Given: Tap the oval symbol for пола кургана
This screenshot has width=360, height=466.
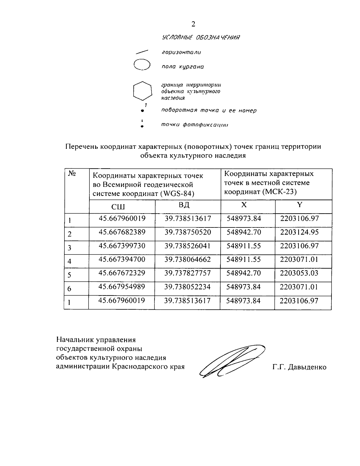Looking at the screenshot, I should tap(142, 65).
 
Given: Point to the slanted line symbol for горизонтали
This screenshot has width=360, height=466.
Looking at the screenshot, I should tap(142, 52).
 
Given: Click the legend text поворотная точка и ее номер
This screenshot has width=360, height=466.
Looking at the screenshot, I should tap(209, 110).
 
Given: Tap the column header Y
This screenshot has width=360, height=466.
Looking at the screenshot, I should tap(299, 205).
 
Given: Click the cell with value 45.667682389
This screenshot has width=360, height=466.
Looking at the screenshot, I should tap(122, 232).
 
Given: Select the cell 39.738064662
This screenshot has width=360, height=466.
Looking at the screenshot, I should tap(187, 260).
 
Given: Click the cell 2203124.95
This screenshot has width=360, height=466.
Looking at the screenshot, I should tap(299, 232).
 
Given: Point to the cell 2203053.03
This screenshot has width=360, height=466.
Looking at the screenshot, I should tap(299, 273).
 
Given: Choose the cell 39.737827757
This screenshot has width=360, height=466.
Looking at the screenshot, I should tap(187, 273).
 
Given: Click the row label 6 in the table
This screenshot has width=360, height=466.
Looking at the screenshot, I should tap(69, 289).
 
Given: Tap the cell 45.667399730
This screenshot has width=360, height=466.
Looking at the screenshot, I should tap(122, 246).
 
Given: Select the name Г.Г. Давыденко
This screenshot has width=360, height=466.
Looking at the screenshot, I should tap(299, 367).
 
